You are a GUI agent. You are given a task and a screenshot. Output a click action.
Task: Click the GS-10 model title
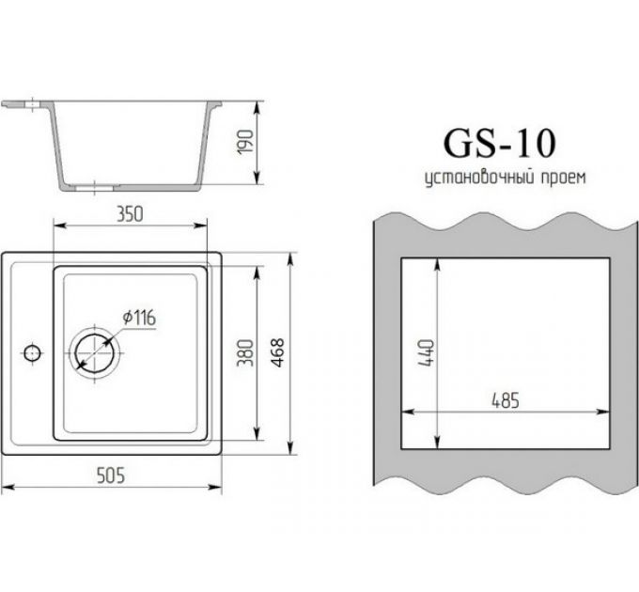pyautogui.click(x=498, y=143)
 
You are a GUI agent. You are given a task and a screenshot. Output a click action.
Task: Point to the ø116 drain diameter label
pyautogui.click(x=138, y=318)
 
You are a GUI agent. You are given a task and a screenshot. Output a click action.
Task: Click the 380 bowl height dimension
pyautogui.click(x=246, y=352)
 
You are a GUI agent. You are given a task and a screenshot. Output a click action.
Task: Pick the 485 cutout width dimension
pyautogui.click(x=505, y=399)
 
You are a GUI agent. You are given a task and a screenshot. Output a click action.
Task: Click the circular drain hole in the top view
pyautogui.click(x=96, y=352)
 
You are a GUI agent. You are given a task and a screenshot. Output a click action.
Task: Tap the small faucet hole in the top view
pyautogui.click(x=31, y=354)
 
